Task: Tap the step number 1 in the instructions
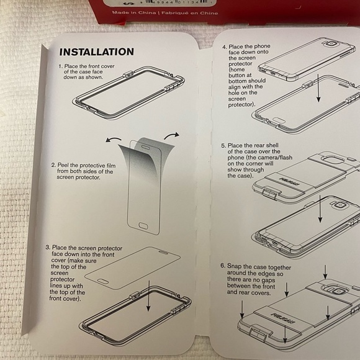(x=61, y=66)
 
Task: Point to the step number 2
(x=54, y=166)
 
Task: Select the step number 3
(x=48, y=247)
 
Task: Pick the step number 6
(x=223, y=265)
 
